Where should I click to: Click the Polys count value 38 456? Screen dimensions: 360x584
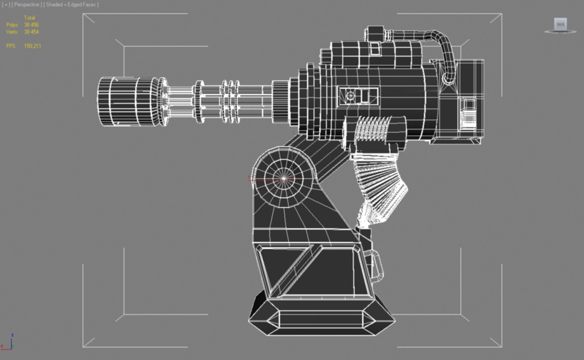point(31,25)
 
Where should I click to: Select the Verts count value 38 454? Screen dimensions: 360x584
point(31,32)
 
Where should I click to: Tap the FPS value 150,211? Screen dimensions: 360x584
point(32,46)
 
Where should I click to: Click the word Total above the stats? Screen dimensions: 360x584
point(29,18)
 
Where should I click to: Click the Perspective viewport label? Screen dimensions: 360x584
point(27,5)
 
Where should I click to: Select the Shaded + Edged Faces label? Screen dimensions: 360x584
point(71,5)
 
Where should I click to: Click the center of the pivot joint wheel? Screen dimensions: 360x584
point(283,179)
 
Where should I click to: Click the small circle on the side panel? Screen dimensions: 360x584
point(350,96)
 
